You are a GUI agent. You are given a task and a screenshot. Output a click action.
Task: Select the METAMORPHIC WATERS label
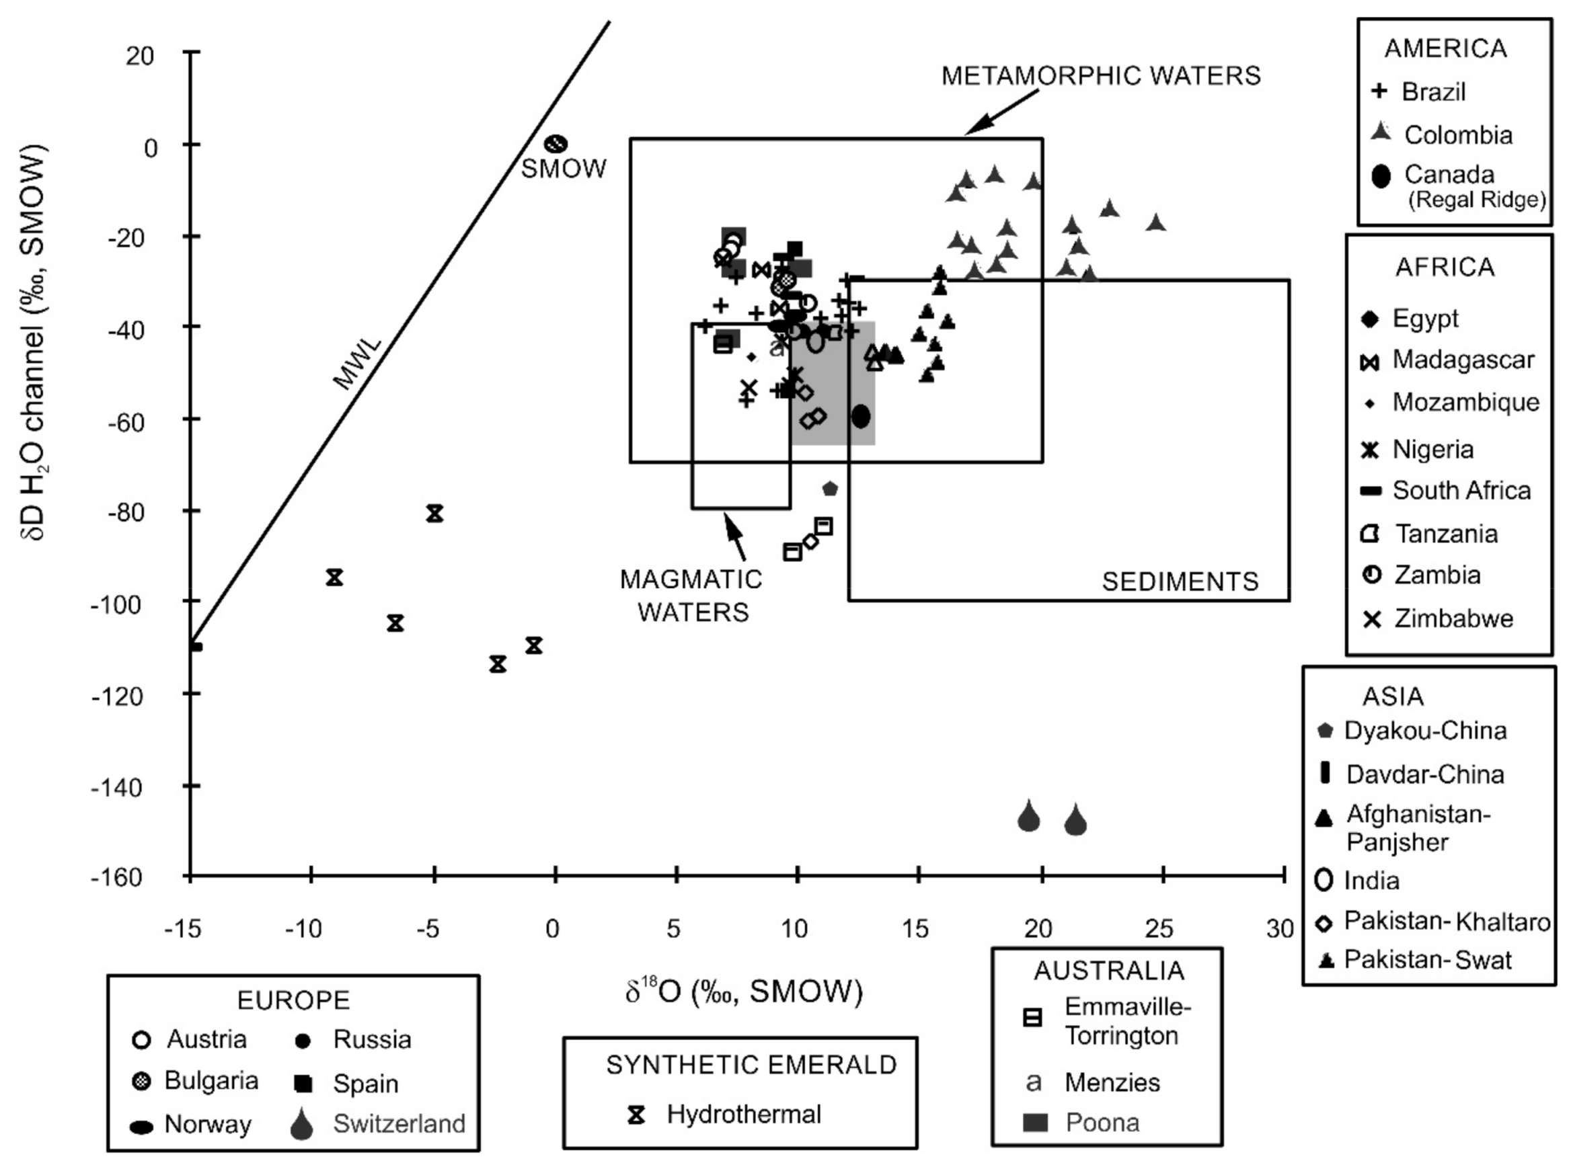1100,76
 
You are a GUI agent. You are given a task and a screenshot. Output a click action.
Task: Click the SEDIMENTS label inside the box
1180,581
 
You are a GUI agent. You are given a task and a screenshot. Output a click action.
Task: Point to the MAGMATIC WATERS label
691,595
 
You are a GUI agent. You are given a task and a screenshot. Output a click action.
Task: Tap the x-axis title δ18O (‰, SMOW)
743,991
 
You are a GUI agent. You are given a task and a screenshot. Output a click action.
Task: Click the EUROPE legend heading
293,1000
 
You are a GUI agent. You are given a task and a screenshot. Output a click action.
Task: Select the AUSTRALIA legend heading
1108,970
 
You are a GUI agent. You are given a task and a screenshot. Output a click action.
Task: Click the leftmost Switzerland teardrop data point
1028,817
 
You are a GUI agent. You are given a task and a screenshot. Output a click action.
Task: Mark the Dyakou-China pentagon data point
830,488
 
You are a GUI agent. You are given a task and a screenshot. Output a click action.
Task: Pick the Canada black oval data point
860,416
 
